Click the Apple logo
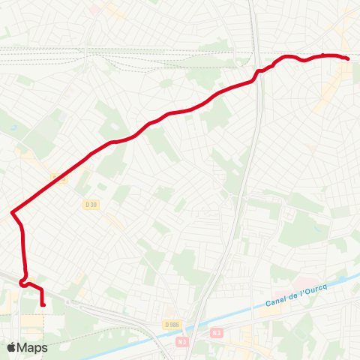[11, 347]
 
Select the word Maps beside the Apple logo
[33, 348]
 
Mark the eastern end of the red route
[348, 58]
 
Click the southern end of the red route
[43, 304]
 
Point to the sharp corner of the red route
[13, 213]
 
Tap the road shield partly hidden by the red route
[60, 178]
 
